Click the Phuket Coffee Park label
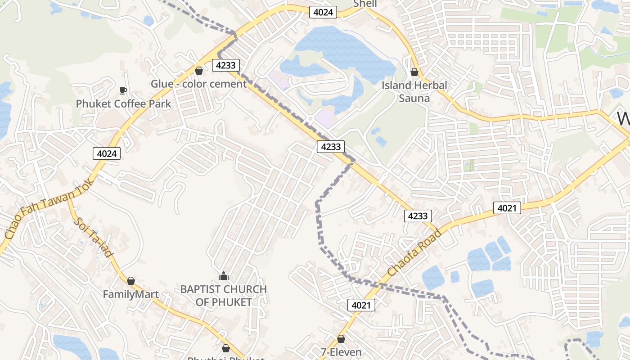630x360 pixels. [x=123, y=104]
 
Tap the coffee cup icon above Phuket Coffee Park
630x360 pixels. [x=123, y=91]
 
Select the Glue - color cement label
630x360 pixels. [x=198, y=84]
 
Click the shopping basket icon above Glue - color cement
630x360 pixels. [x=198, y=71]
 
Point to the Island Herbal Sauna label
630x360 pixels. [x=414, y=92]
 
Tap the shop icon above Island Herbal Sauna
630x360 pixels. [x=414, y=72]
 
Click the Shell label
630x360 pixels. [x=365, y=4]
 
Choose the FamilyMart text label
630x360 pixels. [x=130, y=294]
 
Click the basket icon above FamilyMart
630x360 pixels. [x=131, y=281]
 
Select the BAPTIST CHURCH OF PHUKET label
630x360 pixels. [x=223, y=296]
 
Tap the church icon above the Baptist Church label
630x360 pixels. [x=223, y=276]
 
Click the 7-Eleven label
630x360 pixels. [x=341, y=352]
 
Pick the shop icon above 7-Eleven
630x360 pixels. [x=341, y=339]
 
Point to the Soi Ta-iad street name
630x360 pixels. [x=93, y=238]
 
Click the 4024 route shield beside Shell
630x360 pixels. [x=323, y=12]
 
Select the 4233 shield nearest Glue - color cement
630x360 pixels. [x=225, y=65]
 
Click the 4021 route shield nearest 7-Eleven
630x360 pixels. [x=361, y=306]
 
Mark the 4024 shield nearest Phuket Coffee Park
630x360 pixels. [x=107, y=153]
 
